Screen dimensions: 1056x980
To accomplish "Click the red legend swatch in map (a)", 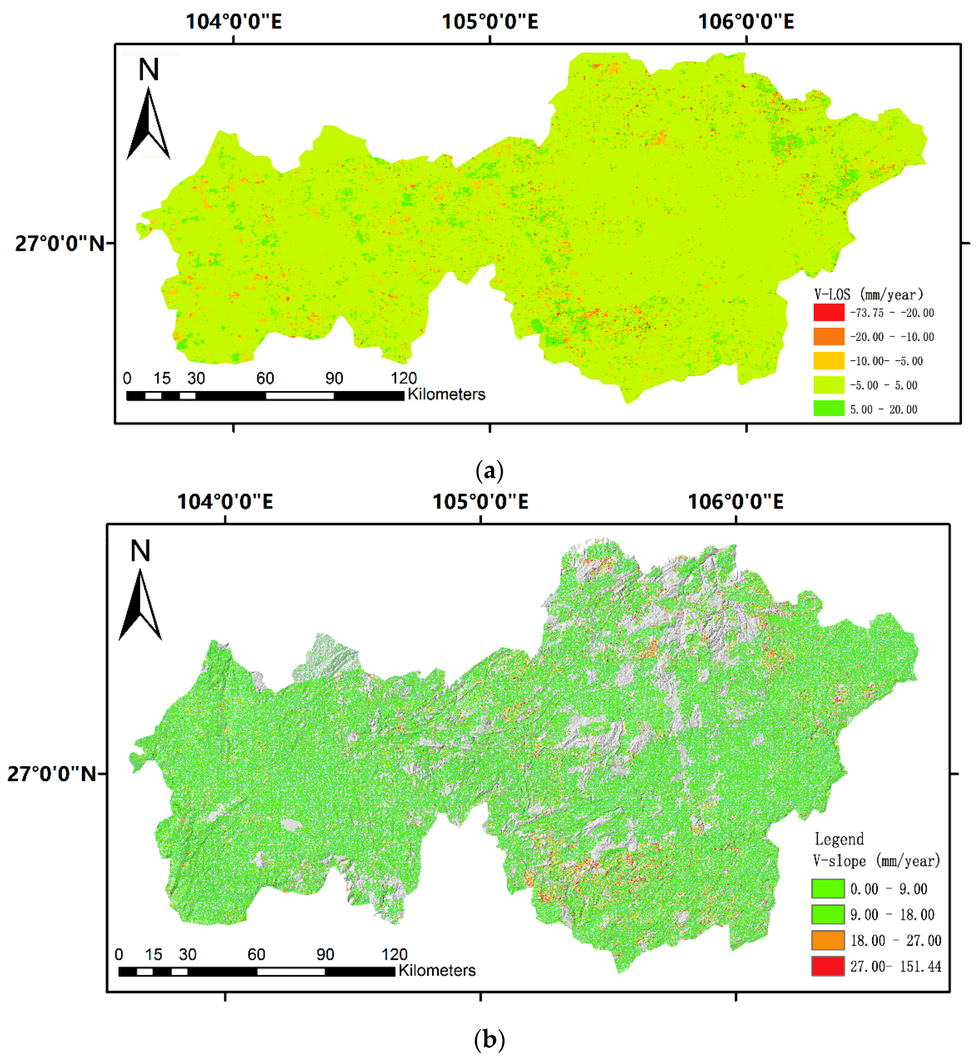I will (x=828, y=312).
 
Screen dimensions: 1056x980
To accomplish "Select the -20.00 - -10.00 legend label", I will (x=892, y=337).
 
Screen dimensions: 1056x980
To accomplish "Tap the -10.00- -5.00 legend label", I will (x=886, y=361).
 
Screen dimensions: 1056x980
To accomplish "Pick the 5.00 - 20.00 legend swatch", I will (x=828, y=408).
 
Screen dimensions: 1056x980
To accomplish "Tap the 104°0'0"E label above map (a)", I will (x=233, y=22).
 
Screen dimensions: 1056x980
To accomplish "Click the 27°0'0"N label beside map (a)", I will (x=59, y=244).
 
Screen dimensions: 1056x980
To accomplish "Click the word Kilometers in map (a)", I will (x=446, y=394).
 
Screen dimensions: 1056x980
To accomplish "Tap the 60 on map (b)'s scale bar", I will (x=256, y=955).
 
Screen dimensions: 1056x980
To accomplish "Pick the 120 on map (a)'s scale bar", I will (x=403, y=378).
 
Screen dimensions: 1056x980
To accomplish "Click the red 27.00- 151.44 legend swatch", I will (x=827, y=966).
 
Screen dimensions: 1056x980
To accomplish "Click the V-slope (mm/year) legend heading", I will (x=876, y=861).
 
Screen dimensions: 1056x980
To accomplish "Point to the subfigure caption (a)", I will (x=489, y=471).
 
